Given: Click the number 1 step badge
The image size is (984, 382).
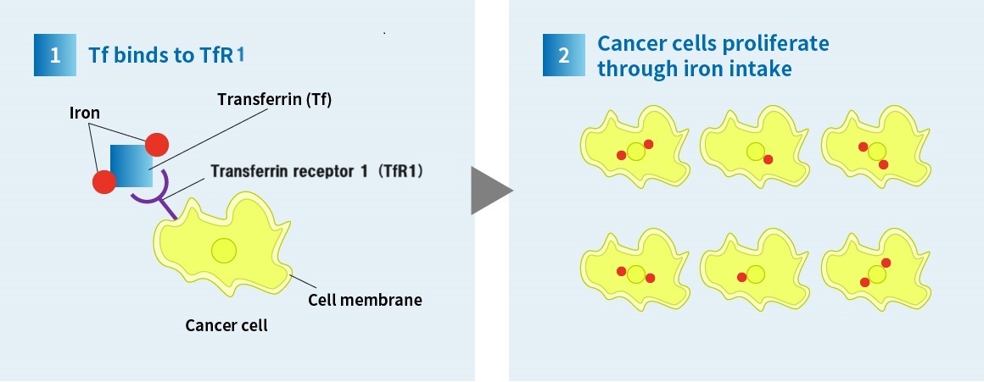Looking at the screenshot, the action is coord(55,55).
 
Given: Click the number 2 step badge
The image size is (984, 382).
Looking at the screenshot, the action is coord(563,55).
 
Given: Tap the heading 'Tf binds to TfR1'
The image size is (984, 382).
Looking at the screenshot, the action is coord(167,55).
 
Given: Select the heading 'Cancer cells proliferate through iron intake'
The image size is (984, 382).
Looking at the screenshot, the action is coord(713,56).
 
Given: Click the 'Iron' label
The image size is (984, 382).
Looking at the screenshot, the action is coord(85,113).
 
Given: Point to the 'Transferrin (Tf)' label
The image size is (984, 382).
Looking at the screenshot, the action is coord(274,100).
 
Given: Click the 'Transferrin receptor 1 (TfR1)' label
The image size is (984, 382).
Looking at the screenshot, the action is coord(317,171).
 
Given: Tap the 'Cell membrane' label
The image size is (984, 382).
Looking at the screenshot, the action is coord(365,300).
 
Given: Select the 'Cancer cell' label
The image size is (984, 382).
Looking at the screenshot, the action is coord(226,325).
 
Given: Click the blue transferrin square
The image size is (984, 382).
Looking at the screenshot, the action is coord(131,166).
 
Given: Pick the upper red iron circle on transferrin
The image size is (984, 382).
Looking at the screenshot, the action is coord(157,145).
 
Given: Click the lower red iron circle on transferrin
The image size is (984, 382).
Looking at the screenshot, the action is coord(104,182).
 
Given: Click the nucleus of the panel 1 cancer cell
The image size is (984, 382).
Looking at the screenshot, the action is coord(224,251).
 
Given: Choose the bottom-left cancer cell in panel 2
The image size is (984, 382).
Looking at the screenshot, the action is coord(635,270).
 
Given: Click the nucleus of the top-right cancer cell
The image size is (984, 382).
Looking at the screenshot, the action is coord(876,152).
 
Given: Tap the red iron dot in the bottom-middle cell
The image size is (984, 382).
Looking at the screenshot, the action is coord(741,278).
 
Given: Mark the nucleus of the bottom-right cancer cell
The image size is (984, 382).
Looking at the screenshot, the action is coord(876,274).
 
